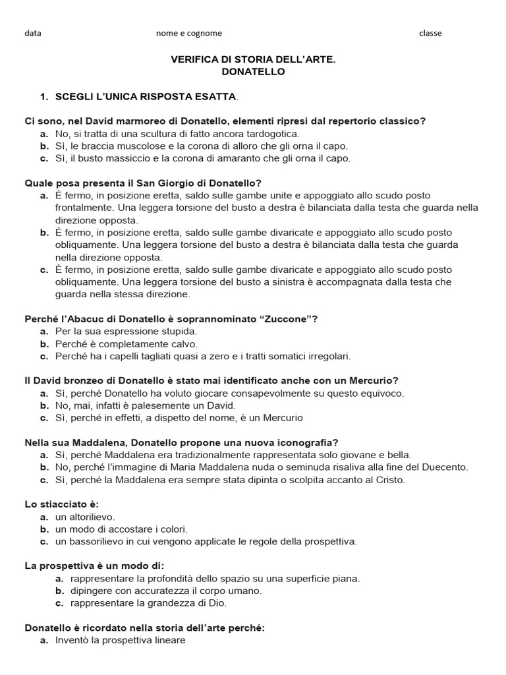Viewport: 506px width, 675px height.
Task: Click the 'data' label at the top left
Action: coord(32,33)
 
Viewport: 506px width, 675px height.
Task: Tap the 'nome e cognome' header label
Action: coord(188,33)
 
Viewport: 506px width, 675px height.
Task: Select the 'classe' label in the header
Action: coord(430,33)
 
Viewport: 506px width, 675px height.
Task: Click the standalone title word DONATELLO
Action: coord(253,72)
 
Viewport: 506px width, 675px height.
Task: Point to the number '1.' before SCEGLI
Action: coord(45,97)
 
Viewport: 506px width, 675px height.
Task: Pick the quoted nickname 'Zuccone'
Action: coord(287,319)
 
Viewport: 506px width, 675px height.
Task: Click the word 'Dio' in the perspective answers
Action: coord(227,603)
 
